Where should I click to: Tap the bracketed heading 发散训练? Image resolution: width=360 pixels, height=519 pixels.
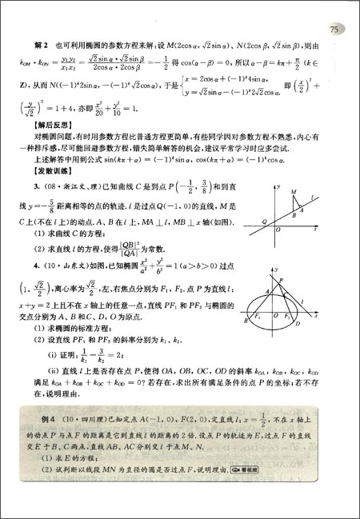(51, 173)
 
